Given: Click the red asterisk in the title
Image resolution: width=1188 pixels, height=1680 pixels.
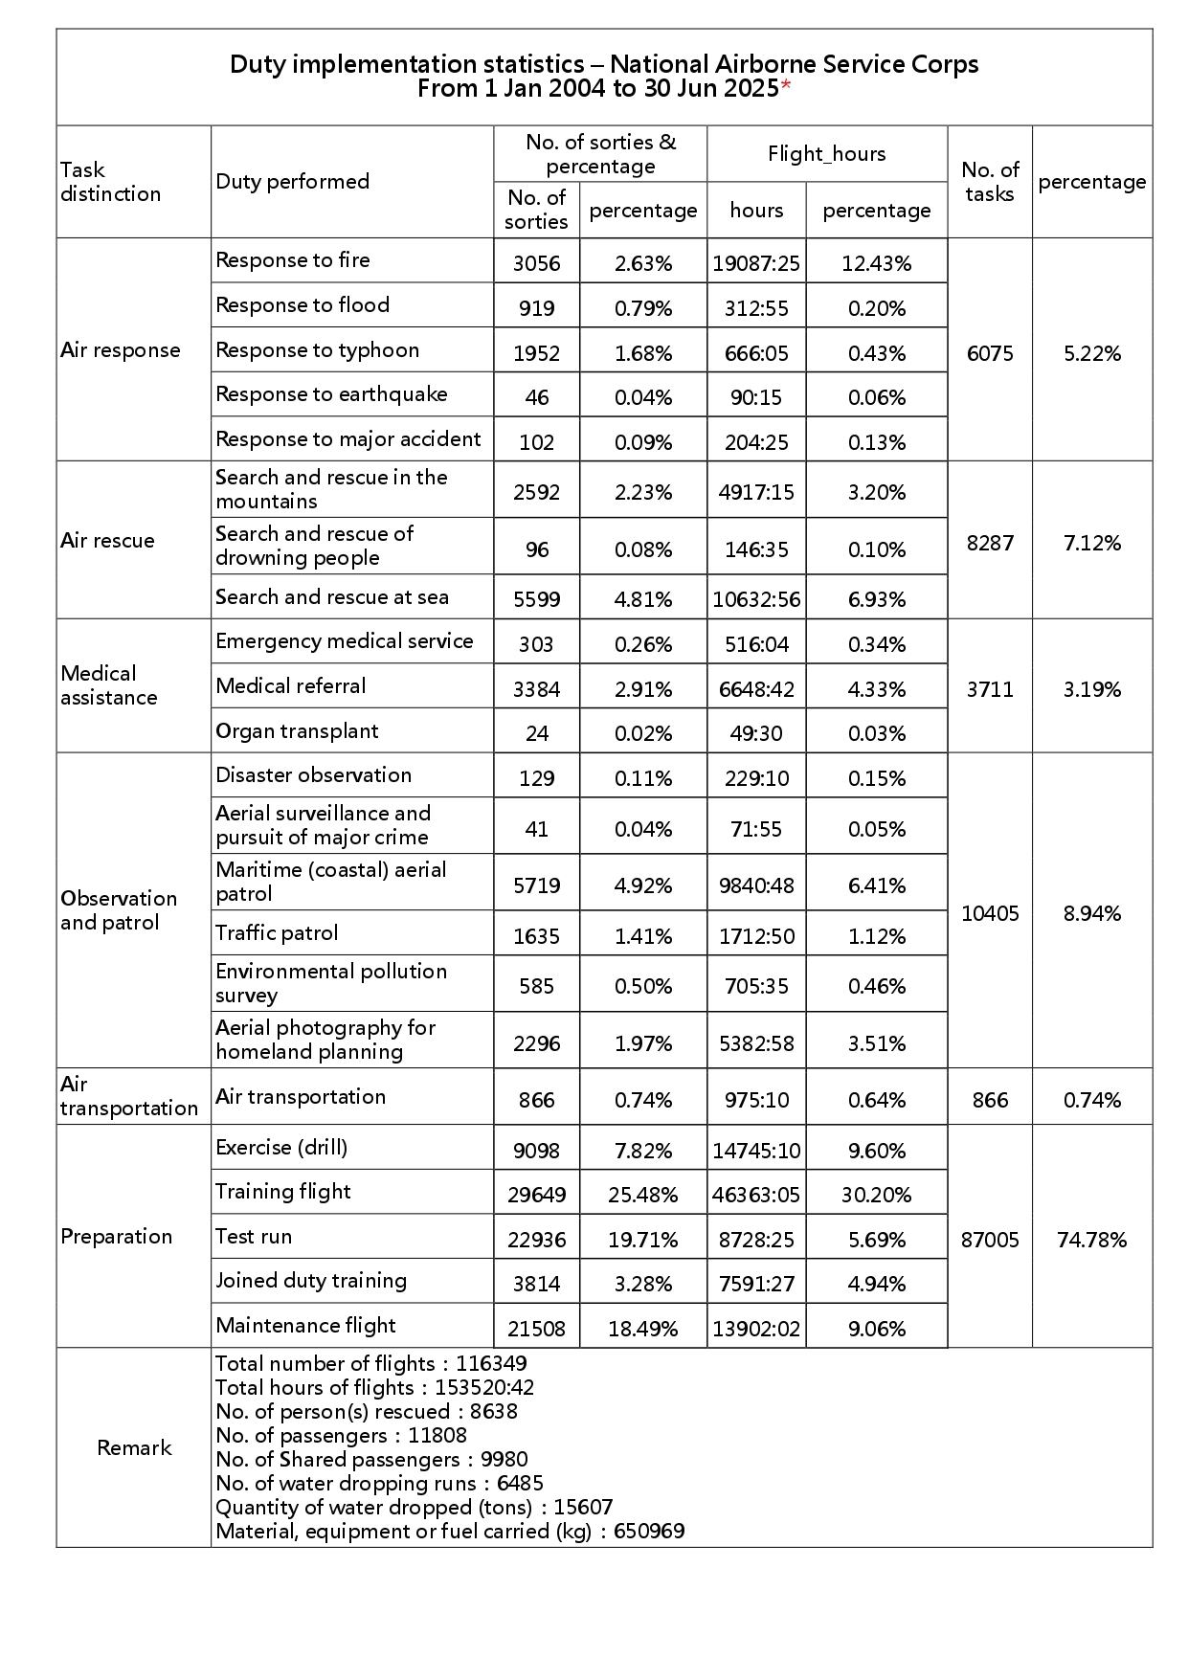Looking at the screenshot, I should click(x=786, y=87).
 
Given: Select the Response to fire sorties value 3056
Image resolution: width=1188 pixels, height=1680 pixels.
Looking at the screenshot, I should click(x=536, y=263).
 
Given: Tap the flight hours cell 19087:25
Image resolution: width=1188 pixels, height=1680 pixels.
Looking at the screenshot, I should click(x=755, y=263).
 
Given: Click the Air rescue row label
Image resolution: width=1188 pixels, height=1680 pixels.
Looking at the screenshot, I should click(x=107, y=540).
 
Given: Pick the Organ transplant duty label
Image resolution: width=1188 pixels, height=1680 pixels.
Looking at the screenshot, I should click(x=297, y=730).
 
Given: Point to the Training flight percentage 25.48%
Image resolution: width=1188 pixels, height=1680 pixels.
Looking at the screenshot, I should click(x=642, y=1195).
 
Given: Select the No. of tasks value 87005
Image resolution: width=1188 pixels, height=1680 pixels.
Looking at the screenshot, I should click(x=989, y=1240).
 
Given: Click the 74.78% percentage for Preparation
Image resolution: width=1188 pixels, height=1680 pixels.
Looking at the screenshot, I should click(x=1091, y=1240).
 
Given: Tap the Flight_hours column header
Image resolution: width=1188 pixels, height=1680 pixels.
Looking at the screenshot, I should click(x=826, y=153).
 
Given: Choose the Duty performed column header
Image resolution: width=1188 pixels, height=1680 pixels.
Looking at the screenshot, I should click(x=292, y=181).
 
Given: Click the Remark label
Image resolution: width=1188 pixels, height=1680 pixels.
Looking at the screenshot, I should click(x=134, y=1447).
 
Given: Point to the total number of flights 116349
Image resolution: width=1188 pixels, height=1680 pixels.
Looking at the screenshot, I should click(x=491, y=1363).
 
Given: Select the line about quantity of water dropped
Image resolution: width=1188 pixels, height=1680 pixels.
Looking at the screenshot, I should click(x=414, y=1507).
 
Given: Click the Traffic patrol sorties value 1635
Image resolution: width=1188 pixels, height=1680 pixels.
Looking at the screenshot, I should click(x=536, y=935).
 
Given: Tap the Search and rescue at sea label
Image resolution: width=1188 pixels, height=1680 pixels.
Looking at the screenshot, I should click(x=331, y=596).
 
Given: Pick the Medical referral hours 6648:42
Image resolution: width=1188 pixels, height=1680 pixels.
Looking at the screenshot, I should click(x=755, y=689).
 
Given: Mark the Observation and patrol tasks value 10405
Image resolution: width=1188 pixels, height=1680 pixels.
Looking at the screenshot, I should click(x=989, y=913).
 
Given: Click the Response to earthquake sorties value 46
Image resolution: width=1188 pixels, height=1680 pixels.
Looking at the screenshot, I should click(x=536, y=397).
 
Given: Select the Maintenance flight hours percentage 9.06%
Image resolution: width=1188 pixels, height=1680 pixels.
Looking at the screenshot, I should click(x=876, y=1329).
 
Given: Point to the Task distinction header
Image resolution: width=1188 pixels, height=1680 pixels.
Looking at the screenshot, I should click(x=110, y=181).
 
